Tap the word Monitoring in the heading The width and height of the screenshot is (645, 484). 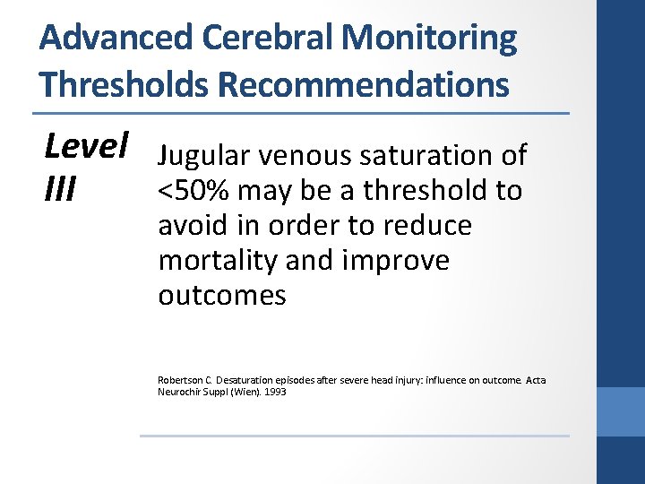(x=430, y=39)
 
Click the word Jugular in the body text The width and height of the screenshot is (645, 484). (x=202, y=156)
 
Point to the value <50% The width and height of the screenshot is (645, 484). (x=191, y=190)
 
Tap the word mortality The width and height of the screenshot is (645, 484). (x=215, y=261)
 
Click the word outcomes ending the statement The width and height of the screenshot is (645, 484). (x=221, y=296)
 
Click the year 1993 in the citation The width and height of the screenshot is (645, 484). (x=275, y=392)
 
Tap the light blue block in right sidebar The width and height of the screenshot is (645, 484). (x=621, y=411)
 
